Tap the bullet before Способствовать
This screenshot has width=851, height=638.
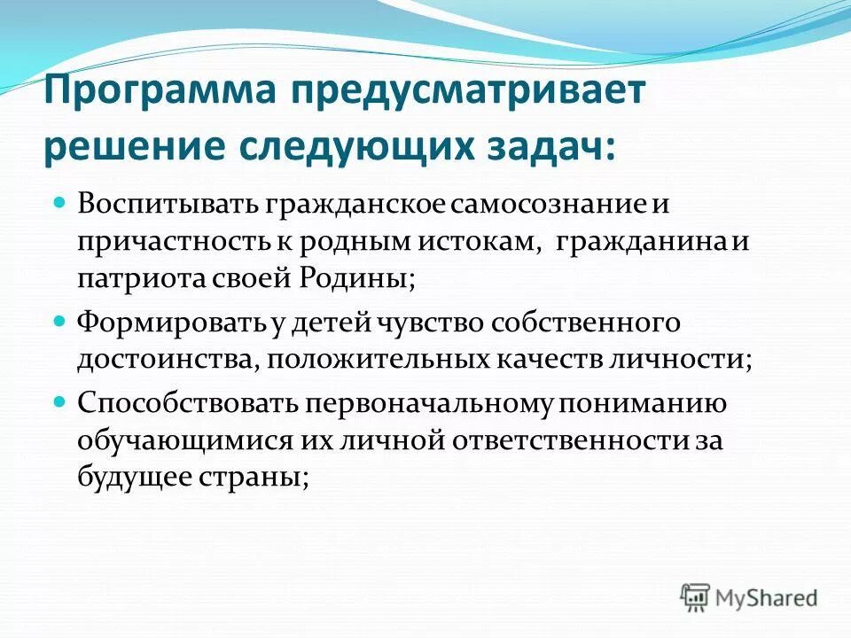60,401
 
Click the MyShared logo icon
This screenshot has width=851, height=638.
696,596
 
